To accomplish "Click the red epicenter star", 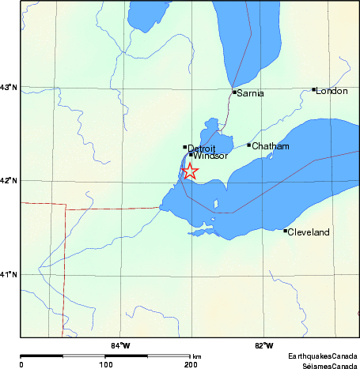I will (190, 171).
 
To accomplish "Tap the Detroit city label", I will (201, 148).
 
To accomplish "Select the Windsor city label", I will (210, 156).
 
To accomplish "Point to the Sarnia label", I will (250, 93).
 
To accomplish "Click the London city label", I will (332, 91).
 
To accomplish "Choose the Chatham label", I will (271, 146).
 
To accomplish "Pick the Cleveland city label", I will (308, 232).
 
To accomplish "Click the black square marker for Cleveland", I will (286, 231).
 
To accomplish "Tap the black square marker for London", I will (314, 90).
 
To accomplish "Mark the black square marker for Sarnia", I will (234, 92).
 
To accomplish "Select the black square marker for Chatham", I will (249, 145).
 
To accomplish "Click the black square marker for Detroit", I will (185, 146).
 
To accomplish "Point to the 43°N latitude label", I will (9, 87).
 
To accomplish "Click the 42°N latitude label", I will (9, 180).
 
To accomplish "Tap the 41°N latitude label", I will (9, 274).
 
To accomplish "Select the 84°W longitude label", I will (120, 345).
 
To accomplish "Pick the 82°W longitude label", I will (264, 345).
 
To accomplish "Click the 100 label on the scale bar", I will (105, 364).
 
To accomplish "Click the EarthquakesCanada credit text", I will (322, 356).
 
